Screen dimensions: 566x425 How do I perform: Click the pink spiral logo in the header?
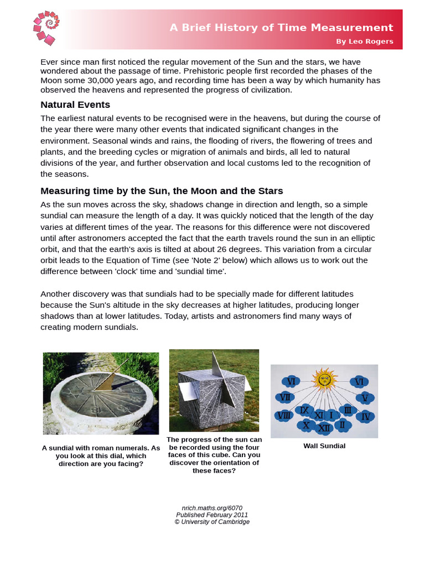tap(45, 28)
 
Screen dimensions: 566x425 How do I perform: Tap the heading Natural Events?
tap(75, 104)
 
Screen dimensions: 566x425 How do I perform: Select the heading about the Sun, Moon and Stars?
tap(162, 191)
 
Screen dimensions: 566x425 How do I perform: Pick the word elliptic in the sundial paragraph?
tap(360, 238)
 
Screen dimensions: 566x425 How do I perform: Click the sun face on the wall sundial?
tap(324, 380)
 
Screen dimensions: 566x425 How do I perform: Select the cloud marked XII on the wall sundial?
tap(324, 427)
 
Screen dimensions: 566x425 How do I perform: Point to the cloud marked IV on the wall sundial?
tap(365, 416)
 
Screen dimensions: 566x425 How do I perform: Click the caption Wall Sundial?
tap(324, 446)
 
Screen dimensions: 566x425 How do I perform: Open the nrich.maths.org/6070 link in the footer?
tap(212, 507)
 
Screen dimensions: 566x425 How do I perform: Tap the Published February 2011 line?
tap(212, 515)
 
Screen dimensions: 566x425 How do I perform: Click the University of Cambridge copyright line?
tap(212, 522)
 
